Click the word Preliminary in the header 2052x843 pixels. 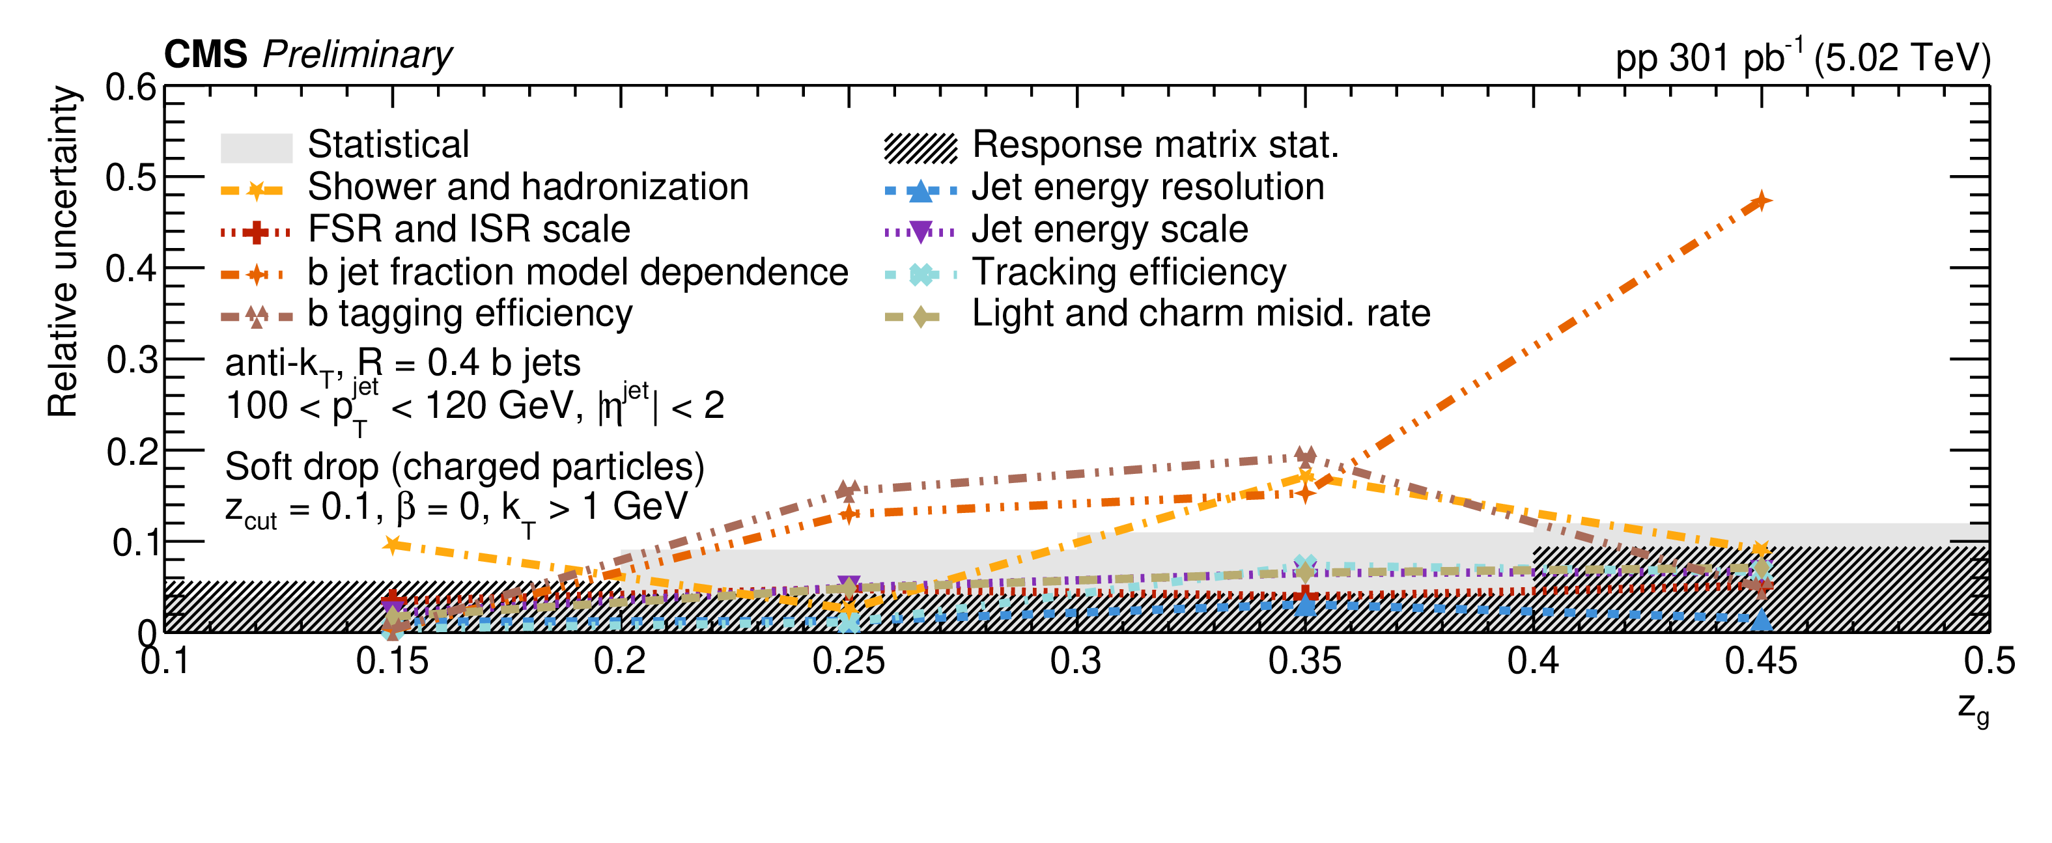point(357,55)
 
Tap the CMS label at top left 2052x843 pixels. point(206,55)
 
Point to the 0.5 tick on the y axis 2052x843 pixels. point(132,178)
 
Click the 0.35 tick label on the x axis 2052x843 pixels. point(1304,661)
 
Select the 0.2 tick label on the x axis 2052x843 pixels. point(620,661)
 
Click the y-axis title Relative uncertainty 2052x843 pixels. point(63,251)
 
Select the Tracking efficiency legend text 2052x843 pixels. point(1128,272)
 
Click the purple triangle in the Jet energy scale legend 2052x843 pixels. point(920,232)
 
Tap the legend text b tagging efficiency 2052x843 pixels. point(470,314)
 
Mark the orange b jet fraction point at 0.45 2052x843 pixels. point(1762,201)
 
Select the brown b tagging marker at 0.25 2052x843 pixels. point(849,490)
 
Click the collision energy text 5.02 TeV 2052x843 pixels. point(1902,58)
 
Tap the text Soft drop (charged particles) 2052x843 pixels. point(464,467)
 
